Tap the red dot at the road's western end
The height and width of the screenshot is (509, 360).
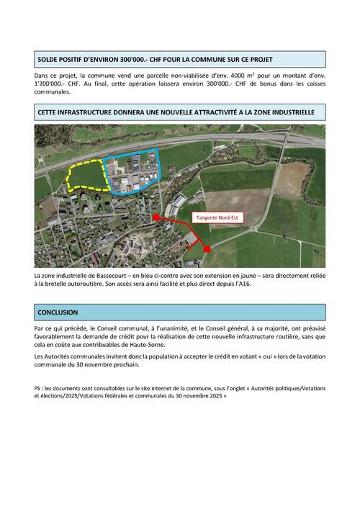pos(156,217)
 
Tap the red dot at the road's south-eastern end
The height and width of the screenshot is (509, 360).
pos(207,248)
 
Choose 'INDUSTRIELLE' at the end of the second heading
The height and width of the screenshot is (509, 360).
pos(288,112)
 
